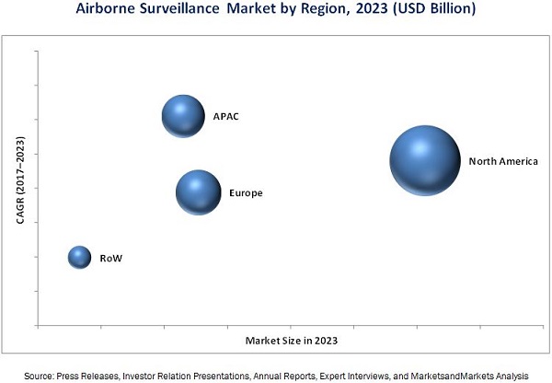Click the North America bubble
pos(424,160)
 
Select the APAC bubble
pos(183,115)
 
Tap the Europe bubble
pos(198,191)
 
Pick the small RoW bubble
pos(80,258)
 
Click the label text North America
pos(503,161)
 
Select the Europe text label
pos(246,193)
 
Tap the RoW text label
pos(110,259)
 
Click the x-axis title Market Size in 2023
pos(291,342)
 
